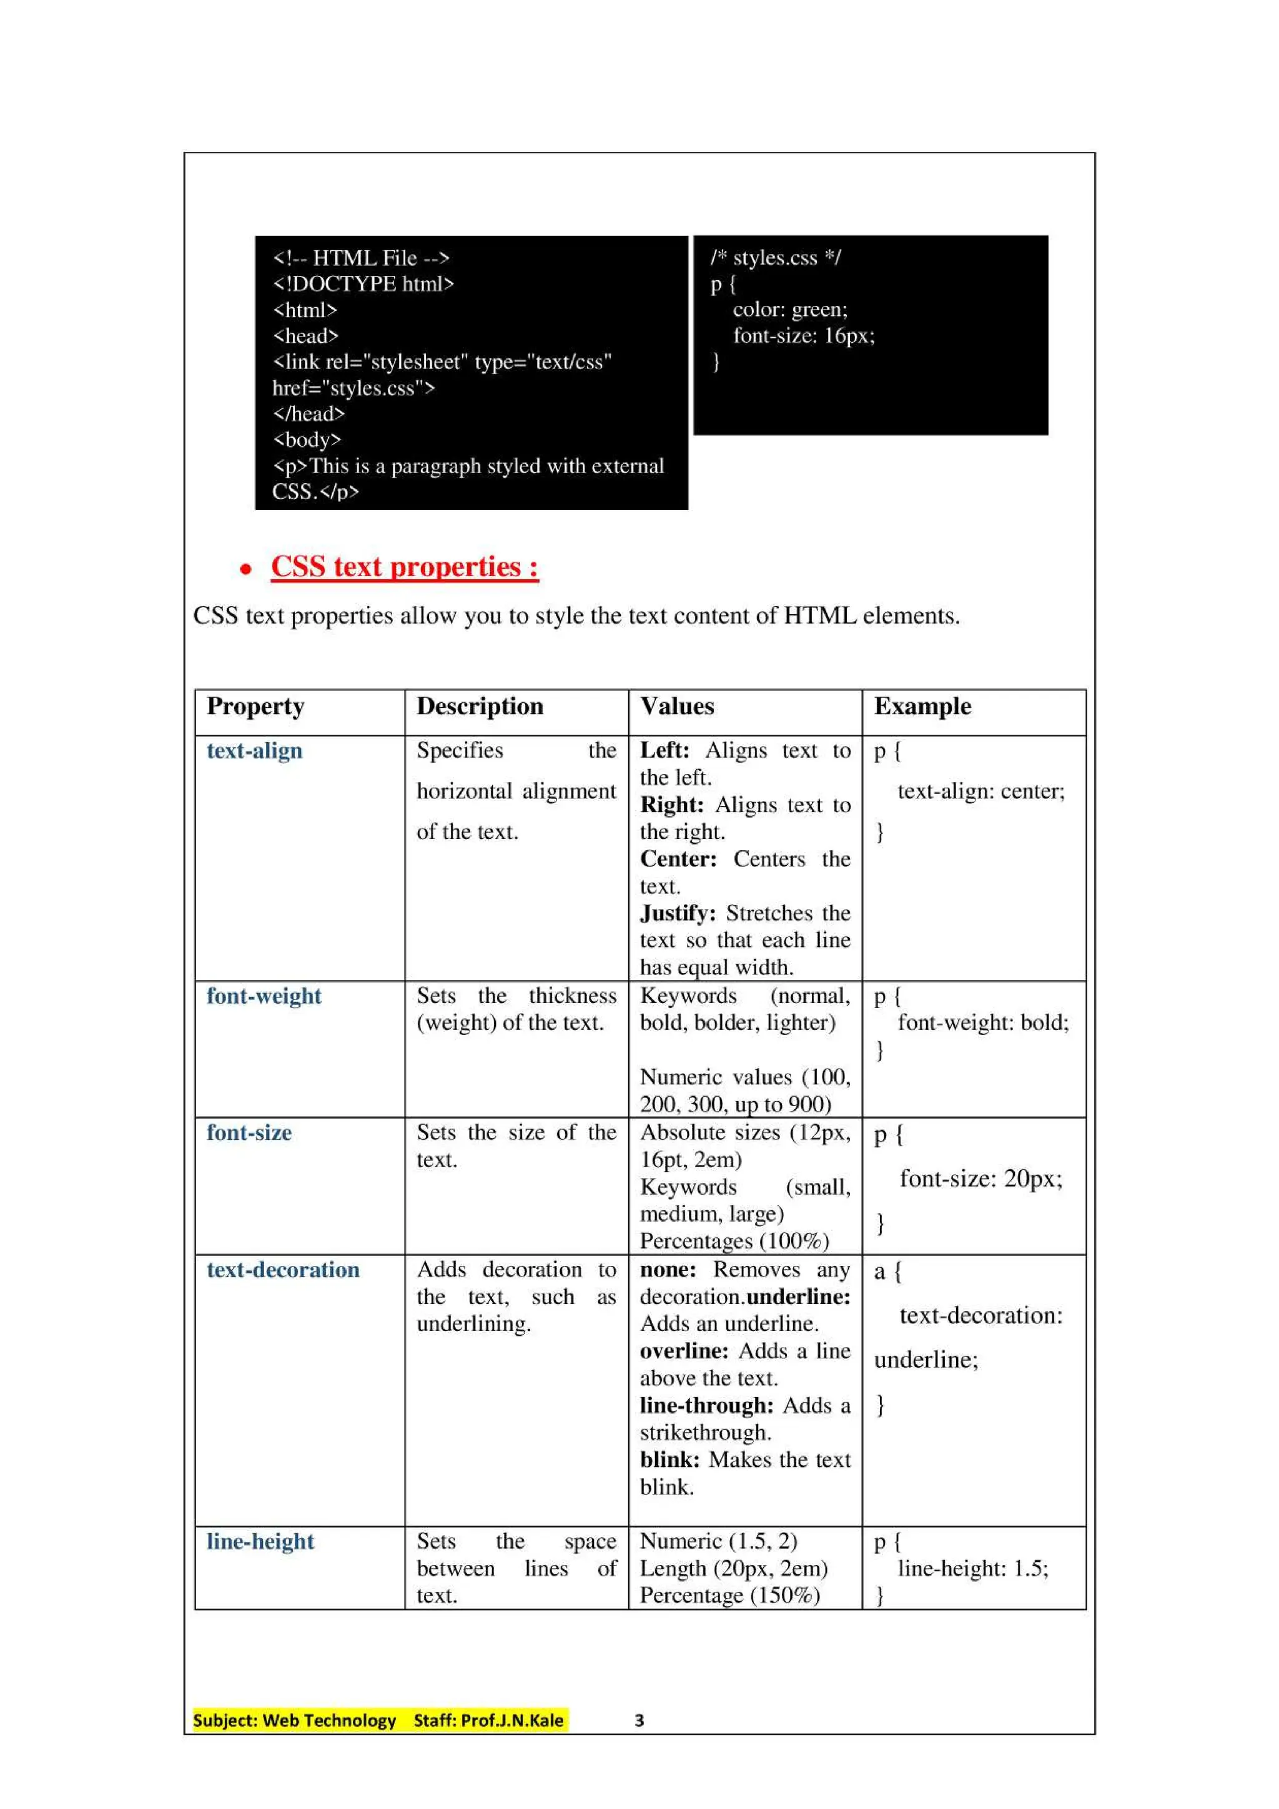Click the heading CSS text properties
pos(404,567)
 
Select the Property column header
pos(255,706)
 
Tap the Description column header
pos(479,706)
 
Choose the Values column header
pos(677,706)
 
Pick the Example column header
pos(922,706)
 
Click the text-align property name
pos(255,751)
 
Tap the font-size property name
pos(249,1133)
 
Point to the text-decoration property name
pos(283,1270)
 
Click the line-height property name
pos(260,1542)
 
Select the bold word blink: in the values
pos(669,1460)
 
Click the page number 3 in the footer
pos(639,1721)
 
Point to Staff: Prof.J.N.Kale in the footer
pos(488,1721)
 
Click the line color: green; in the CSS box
pos(789,310)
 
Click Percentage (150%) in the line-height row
pos(729,1596)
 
